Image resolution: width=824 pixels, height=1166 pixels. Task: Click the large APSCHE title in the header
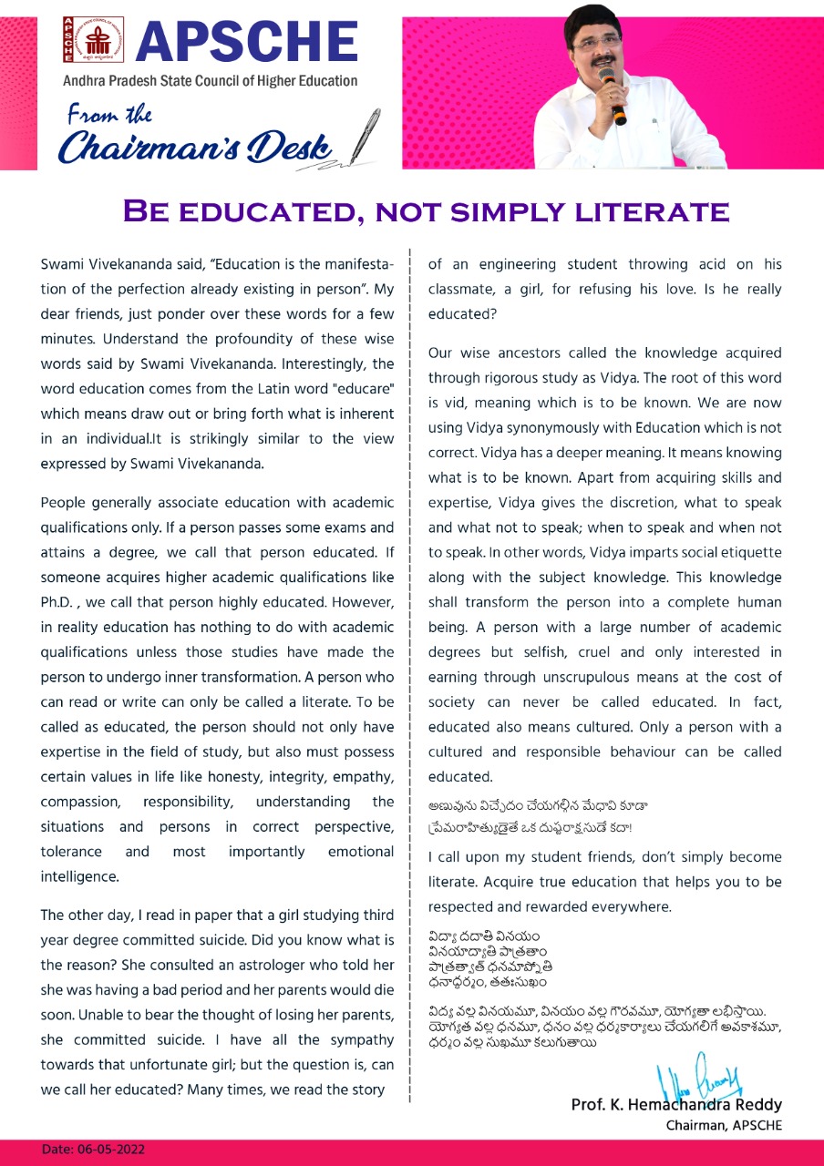coord(246,42)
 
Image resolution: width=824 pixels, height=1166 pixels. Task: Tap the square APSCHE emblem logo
coord(93,38)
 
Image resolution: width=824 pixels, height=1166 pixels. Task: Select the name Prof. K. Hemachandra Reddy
coord(676,1105)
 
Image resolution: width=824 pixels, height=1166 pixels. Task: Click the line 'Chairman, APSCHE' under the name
coord(724,1125)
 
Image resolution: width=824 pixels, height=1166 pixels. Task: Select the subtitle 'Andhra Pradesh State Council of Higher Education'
coord(210,81)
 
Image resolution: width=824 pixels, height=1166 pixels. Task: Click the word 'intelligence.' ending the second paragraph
coord(80,877)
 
